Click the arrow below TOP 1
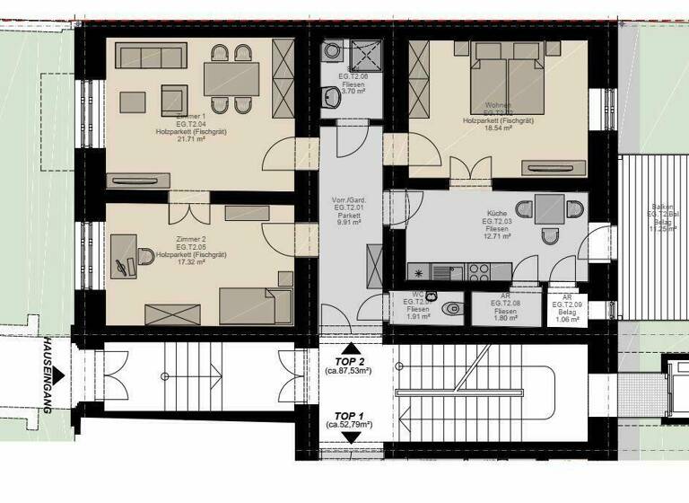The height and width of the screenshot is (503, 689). (x=352, y=437)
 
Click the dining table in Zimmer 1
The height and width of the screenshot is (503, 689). (x=231, y=79)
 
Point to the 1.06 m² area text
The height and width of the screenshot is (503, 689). (x=566, y=319)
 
